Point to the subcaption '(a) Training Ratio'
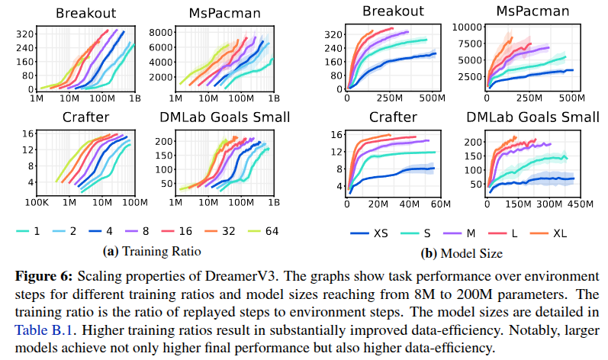pos(153,250)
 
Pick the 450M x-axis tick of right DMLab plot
pos(578,204)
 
